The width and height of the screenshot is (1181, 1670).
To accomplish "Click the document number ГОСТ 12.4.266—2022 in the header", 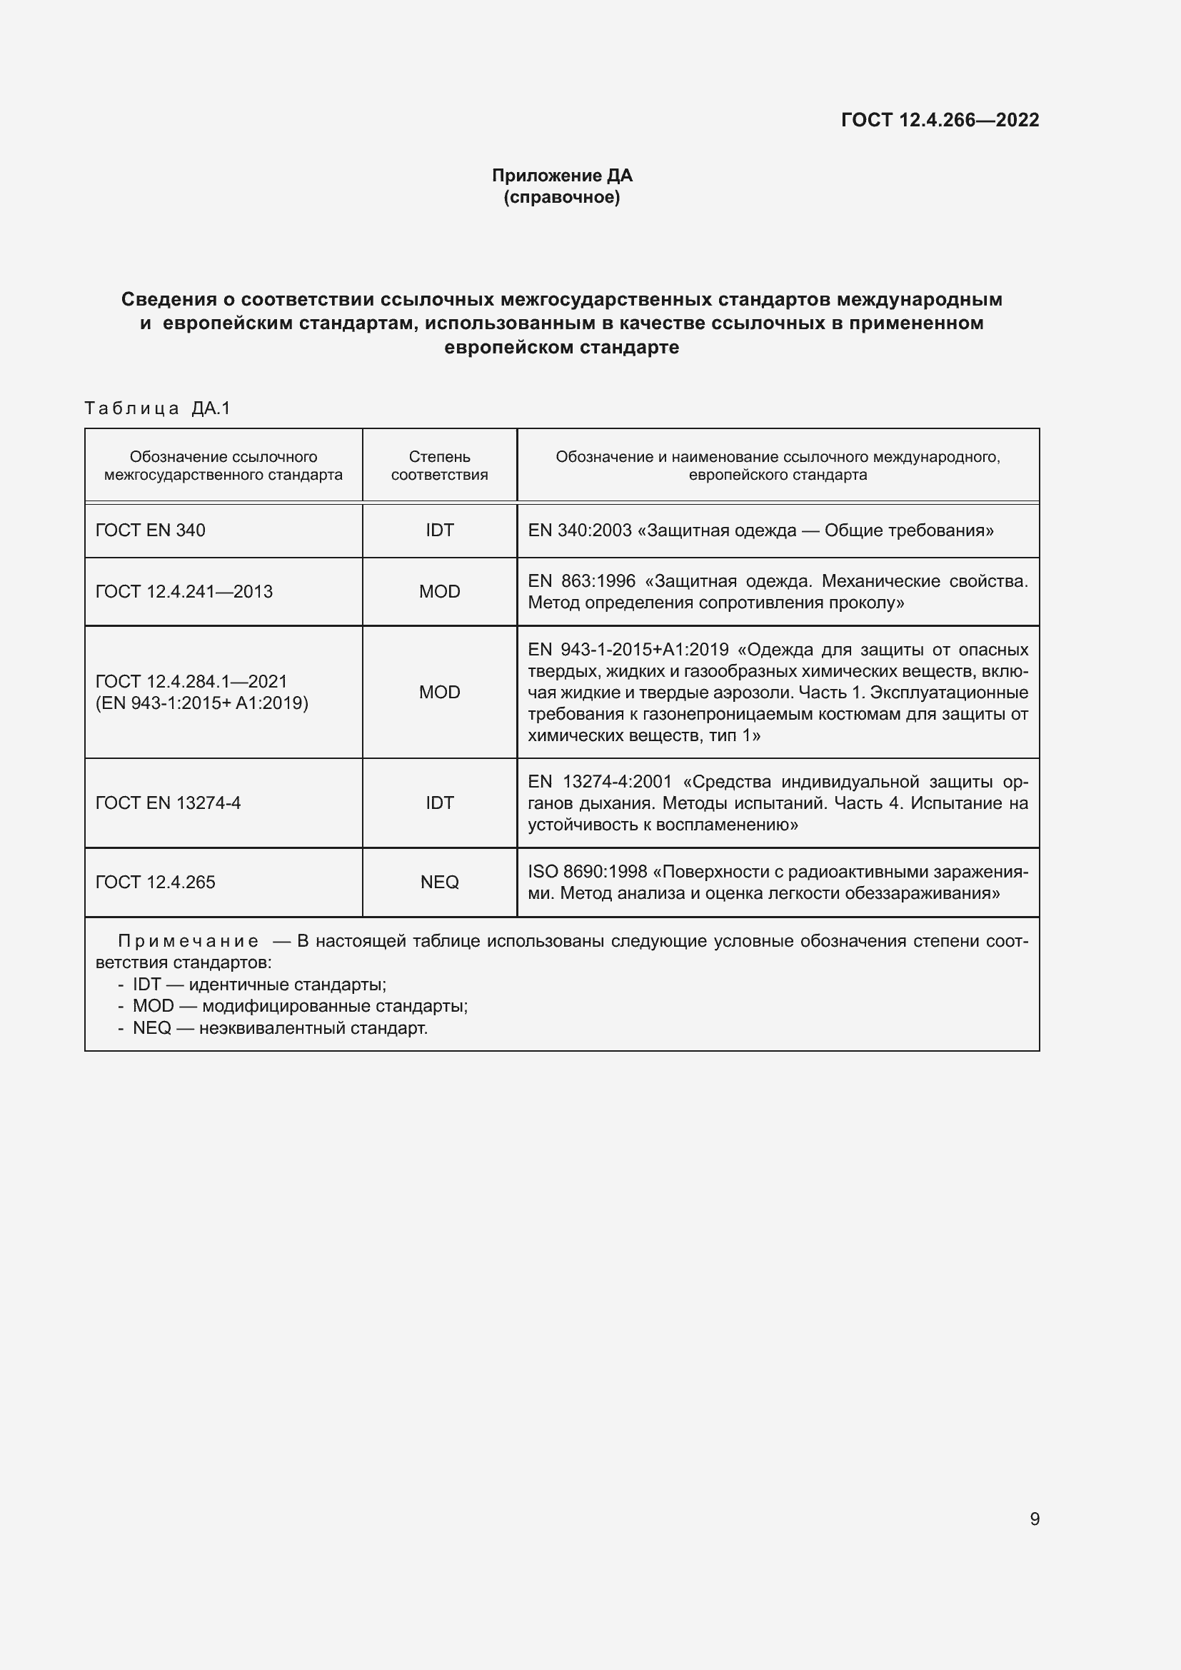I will point(940,120).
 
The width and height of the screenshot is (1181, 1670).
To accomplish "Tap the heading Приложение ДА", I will point(562,176).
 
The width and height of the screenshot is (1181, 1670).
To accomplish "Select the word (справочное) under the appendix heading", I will point(562,197).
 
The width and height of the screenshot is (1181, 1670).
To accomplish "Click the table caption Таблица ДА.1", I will point(157,409).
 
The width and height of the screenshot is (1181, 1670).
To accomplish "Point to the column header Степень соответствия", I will point(439,466).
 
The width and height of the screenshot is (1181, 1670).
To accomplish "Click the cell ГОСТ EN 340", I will point(151,530).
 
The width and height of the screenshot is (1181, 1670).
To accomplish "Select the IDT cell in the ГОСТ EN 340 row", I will point(439,530).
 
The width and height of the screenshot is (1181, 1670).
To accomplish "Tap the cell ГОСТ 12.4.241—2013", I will point(184,591).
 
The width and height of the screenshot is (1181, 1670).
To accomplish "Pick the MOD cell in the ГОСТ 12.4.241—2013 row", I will point(439,591).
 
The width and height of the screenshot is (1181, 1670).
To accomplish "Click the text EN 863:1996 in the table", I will point(581,581).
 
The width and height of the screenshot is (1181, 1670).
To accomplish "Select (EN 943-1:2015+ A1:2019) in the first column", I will point(202,703).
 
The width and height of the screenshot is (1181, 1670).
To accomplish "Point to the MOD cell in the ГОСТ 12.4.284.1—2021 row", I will point(439,692).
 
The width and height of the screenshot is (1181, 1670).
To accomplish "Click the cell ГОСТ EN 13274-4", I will point(168,803).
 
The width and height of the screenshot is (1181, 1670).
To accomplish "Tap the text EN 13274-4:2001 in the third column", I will point(600,782).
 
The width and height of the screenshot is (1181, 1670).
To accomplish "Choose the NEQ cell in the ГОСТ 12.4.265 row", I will point(439,882).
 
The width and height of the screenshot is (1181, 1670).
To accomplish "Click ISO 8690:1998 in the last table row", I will point(587,871).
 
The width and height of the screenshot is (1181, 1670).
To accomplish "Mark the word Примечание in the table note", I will point(188,941).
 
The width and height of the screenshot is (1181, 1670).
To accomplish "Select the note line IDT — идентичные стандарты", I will point(259,985).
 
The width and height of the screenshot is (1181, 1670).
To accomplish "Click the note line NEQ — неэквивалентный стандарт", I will point(280,1027).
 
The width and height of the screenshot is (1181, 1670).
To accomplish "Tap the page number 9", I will point(1034,1519).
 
